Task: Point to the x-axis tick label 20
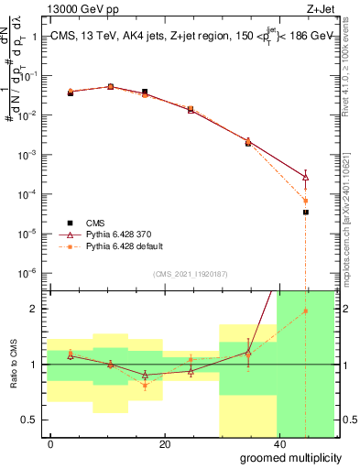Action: click(x=164, y=444)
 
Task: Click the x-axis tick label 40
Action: click(x=278, y=444)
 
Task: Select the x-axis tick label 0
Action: click(x=51, y=444)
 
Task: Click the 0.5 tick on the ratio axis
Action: click(x=34, y=420)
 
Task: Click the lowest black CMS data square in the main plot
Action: click(x=306, y=212)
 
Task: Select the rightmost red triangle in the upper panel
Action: click(x=306, y=177)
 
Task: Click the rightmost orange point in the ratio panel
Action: click(x=306, y=311)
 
